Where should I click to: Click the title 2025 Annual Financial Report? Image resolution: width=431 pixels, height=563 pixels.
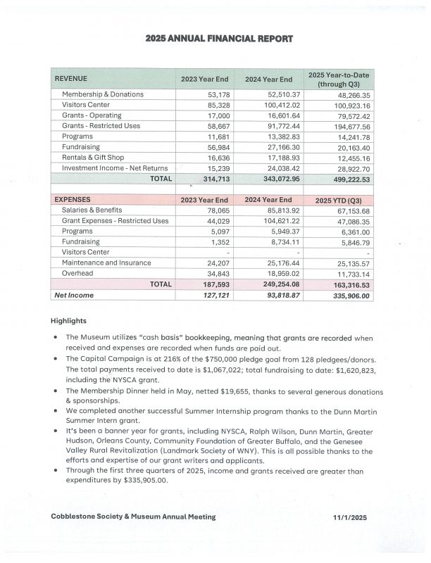tap(216, 39)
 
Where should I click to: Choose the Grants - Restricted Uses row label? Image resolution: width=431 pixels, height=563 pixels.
tap(101, 126)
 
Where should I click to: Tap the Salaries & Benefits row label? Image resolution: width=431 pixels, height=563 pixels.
tap(92, 210)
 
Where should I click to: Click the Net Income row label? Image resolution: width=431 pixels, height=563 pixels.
tap(74, 295)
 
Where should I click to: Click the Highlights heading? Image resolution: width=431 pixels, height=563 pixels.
tap(68, 320)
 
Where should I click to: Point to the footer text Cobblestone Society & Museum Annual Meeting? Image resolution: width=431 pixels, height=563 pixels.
tap(133, 517)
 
